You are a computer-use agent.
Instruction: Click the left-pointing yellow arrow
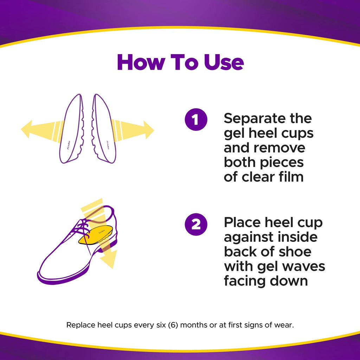click(32, 129)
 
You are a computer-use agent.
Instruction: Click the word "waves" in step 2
click(305, 266)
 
